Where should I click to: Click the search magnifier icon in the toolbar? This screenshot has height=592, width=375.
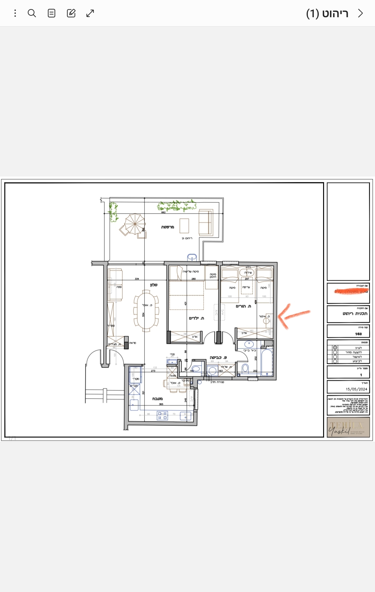point(32,13)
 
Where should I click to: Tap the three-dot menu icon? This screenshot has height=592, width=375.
point(15,13)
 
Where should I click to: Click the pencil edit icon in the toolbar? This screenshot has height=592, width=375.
point(71,13)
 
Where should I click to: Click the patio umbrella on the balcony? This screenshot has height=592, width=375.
point(135,224)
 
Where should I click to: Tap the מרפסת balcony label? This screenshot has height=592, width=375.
point(167,227)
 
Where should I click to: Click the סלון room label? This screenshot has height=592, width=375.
point(154,285)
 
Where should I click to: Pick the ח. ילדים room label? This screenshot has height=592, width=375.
point(196,318)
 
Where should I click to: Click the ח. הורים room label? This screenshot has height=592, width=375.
point(243,306)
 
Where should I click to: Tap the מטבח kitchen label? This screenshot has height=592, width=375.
point(157,399)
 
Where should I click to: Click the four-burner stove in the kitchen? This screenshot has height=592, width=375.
point(162,416)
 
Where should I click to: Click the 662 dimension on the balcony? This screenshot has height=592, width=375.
point(163,212)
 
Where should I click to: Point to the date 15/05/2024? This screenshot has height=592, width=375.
point(356,389)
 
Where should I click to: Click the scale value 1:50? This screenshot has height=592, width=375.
point(358,334)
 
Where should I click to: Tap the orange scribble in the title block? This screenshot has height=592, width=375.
point(352,291)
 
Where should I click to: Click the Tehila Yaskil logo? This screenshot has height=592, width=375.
point(348,427)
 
